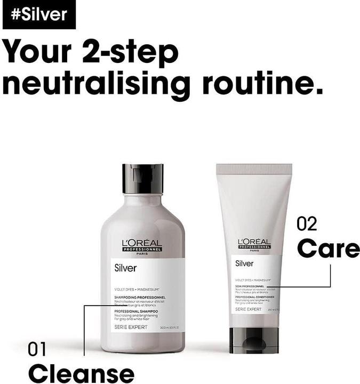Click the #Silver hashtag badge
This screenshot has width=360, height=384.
tap(39, 14)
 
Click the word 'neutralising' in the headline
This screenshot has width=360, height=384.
tap(97, 84)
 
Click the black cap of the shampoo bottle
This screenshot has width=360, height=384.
tap(142, 179)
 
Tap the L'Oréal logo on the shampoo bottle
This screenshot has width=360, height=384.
tap(142, 245)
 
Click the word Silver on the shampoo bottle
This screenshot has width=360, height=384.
tap(125, 268)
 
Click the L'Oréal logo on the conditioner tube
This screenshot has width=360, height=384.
tap(254, 244)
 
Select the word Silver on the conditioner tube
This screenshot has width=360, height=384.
tap(244, 263)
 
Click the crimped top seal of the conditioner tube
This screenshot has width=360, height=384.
tap(254, 170)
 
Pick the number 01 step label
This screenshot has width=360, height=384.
tap(37, 350)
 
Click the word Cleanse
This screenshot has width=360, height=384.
tap(81, 372)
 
